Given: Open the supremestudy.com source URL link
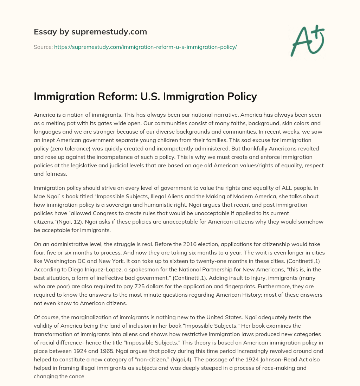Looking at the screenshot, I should coord(145,47).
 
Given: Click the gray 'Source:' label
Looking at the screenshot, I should coord(43,47).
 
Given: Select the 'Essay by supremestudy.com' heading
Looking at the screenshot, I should coord(90,32).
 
